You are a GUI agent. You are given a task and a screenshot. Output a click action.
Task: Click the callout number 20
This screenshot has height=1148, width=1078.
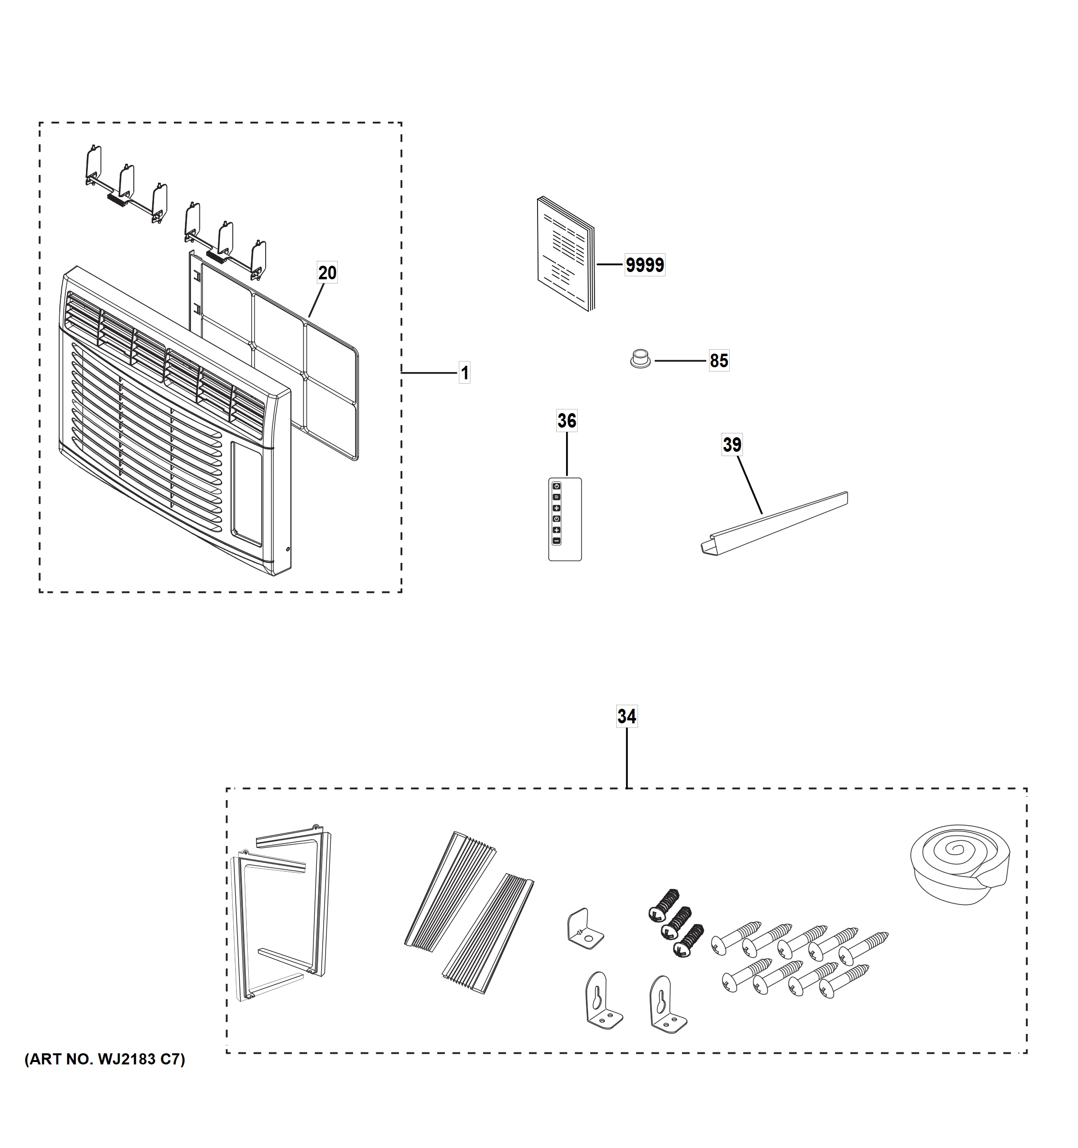[x=327, y=273]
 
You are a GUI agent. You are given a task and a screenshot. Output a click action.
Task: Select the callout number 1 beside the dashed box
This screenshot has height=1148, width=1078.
[x=465, y=373]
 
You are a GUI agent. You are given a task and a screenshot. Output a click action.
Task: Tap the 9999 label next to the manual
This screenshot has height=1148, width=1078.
[x=645, y=265]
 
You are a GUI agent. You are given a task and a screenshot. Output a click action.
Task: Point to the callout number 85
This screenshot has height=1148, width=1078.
[x=719, y=361]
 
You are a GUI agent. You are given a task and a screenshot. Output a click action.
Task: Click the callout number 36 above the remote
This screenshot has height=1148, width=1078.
[x=566, y=421]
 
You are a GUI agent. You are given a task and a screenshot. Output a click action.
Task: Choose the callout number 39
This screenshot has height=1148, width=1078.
[x=732, y=445]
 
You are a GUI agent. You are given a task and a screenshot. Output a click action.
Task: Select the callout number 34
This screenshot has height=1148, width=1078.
[x=627, y=717]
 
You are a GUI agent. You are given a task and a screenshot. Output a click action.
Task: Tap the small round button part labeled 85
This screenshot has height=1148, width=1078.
[x=639, y=358]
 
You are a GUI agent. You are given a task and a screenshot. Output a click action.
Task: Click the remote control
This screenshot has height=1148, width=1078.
[x=565, y=520]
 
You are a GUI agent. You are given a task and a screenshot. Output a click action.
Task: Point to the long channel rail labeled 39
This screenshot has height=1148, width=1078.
[x=773, y=523]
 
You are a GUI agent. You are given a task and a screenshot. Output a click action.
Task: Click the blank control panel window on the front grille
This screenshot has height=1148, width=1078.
[x=247, y=494]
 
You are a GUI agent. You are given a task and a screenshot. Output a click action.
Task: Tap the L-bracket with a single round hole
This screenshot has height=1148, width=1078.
[x=584, y=931]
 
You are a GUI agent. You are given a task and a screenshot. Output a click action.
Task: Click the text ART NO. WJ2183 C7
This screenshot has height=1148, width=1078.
[x=105, y=1060]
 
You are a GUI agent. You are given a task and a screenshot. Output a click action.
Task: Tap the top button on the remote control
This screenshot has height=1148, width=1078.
[x=556, y=486]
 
